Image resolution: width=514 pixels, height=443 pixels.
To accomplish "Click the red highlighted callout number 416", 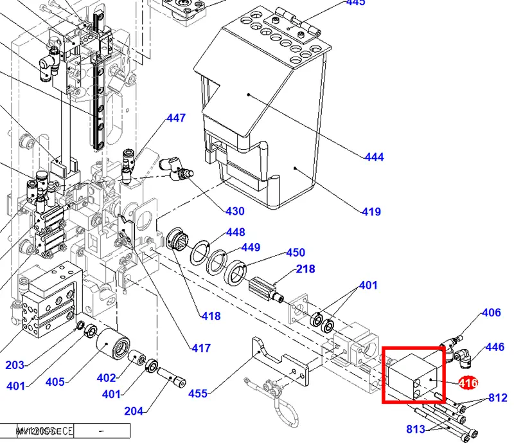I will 468,383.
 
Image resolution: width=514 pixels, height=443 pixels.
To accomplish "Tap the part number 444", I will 374,157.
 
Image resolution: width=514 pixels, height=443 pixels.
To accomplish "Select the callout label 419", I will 371,212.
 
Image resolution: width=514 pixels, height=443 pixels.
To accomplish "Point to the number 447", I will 176,118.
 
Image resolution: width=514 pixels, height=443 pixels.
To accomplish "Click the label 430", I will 235,211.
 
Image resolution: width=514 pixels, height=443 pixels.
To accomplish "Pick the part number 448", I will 236,232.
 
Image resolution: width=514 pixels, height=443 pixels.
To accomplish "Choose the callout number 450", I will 296,253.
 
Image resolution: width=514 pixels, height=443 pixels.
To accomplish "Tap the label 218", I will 305,269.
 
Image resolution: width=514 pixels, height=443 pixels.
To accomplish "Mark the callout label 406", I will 491,313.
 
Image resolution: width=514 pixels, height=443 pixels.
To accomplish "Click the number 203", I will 15,365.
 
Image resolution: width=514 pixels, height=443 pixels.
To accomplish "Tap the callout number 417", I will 201,348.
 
